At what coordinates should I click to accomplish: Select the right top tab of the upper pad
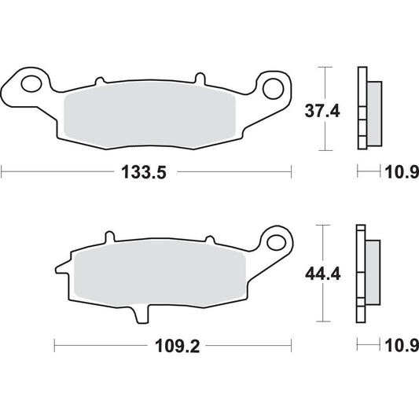[200, 79]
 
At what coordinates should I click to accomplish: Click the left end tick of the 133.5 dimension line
[2, 171]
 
